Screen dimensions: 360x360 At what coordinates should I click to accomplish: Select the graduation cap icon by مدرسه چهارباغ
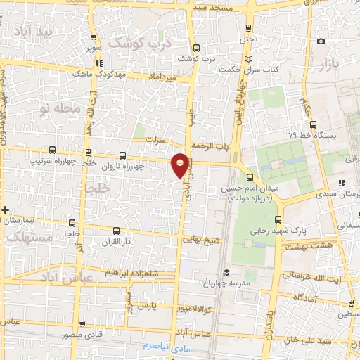point(226,273)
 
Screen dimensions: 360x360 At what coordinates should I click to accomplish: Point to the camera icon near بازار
point(321,41)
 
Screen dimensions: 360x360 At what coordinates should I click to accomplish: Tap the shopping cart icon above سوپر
point(94,40)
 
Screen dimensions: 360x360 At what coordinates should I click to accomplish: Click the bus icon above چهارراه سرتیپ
point(52,150)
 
